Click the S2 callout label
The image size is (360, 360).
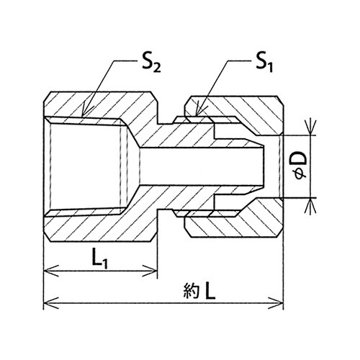151,63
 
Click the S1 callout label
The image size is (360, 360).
264,63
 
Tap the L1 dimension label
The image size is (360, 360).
100,259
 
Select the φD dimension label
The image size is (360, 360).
301,166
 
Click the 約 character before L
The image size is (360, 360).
192,291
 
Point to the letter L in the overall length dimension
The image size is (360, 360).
210,290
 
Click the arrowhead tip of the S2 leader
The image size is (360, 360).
83,117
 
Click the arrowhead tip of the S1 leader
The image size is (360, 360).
197,116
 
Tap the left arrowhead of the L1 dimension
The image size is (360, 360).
44,271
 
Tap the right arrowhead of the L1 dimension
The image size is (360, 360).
157,271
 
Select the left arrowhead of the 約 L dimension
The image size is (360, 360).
44,303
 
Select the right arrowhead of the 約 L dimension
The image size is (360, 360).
283,303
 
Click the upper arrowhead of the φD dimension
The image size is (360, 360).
311,135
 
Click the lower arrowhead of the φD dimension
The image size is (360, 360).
311,198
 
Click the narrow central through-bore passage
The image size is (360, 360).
202,166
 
